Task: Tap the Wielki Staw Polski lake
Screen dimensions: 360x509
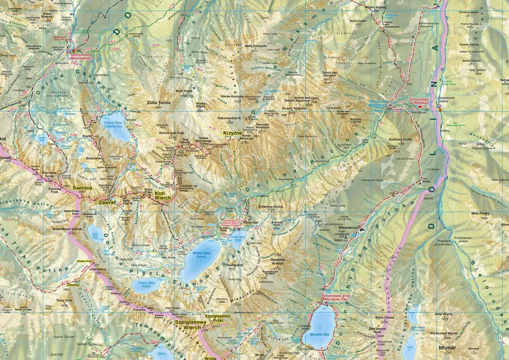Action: (x=200, y=261)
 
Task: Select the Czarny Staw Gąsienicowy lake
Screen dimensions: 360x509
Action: (x=116, y=126)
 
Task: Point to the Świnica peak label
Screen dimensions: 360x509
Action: (x=82, y=187)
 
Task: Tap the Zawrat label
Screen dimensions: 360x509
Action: (x=107, y=202)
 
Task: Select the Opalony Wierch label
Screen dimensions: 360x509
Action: (x=278, y=261)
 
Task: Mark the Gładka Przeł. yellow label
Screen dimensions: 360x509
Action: (x=85, y=261)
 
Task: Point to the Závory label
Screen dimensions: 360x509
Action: (x=73, y=285)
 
